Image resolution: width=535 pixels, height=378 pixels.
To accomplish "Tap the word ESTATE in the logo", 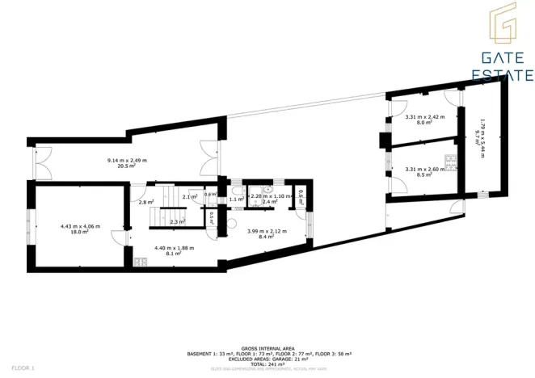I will point(501,76).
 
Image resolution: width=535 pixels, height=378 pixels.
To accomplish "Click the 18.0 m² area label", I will point(79,232).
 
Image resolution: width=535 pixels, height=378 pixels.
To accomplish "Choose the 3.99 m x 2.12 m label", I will point(267,232).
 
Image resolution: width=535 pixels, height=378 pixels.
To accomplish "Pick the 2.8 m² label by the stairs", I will point(145,202).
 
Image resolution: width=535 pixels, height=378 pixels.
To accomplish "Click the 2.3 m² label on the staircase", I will point(178,220).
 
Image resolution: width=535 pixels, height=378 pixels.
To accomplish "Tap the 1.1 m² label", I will point(236,199).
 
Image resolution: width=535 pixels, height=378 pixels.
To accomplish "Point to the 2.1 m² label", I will point(191,197).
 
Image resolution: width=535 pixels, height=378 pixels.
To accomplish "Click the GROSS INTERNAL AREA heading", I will point(267,348).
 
